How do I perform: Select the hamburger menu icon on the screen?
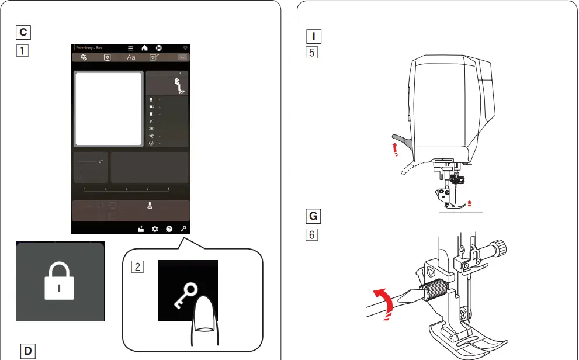pyautogui.click(x=131, y=47)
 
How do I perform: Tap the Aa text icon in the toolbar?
pyautogui.click(x=131, y=57)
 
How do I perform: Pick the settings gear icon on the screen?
pyautogui.click(x=155, y=229)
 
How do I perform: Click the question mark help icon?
pyautogui.click(x=169, y=229)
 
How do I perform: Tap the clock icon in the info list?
pyautogui.click(x=151, y=143)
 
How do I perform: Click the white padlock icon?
pyautogui.click(x=60, y=282)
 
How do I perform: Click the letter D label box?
pyautogui.click(x=27, y=351)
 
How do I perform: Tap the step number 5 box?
pyautogui.click(x=313, y=51)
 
